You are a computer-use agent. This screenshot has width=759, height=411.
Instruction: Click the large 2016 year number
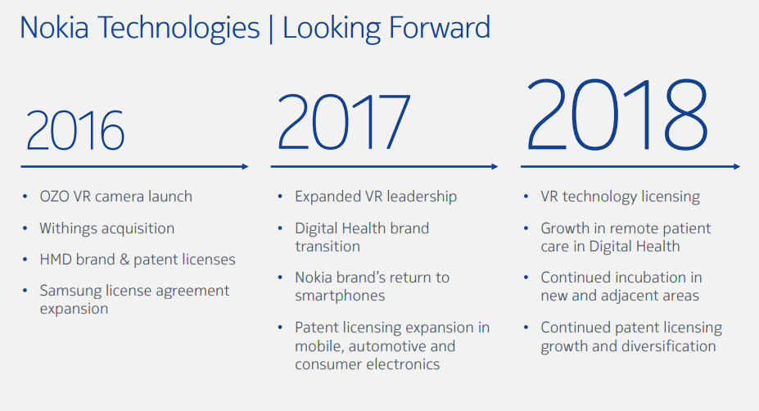coord(75,129)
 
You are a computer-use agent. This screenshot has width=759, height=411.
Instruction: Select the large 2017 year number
coord(344,121)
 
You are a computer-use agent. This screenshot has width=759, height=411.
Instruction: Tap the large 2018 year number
coord(617,115)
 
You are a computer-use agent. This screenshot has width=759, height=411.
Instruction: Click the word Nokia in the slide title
coord(54,28)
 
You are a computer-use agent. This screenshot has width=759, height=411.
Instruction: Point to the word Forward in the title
coord(440,28)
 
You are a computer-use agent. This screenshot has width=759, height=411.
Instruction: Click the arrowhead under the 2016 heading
coord(245,166)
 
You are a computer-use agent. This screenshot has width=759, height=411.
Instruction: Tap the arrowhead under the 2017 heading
coord(495,166)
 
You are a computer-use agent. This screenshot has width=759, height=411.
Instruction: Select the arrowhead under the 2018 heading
coord(737,166)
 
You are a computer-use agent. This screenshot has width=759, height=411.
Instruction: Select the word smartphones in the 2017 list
coord(340,296)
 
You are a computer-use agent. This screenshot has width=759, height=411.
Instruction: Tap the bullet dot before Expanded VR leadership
coord(280,196)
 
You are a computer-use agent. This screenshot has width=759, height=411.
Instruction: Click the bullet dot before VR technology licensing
coord(526,196)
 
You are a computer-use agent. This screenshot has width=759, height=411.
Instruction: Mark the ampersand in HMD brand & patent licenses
coord(124,260)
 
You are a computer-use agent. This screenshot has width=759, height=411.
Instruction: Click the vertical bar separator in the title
coord(271,29)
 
